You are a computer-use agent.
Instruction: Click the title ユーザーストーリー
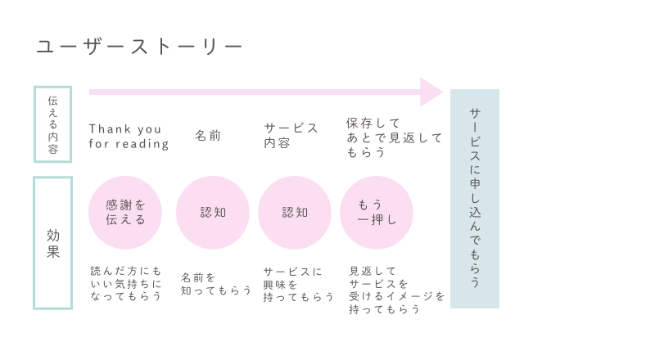coord(139,47)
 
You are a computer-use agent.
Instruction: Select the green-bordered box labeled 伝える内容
coord(52,124)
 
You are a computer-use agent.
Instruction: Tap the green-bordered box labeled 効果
coord(52,243)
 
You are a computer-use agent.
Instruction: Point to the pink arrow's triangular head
coord(431,92)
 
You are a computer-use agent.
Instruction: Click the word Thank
coord(110,129)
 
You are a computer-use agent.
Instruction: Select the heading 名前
coord(208,136)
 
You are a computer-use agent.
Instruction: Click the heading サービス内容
coord(291,135)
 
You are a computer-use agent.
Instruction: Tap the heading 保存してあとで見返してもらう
coord(394,137)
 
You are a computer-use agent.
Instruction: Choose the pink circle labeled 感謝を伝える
coord(125,213)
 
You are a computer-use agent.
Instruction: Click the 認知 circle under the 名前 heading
coord(213,213)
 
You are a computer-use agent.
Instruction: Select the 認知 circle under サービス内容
coord(295,213)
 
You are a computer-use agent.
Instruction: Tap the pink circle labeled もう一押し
coord(377,213)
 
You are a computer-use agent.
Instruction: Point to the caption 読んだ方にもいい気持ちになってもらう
coord(126,283)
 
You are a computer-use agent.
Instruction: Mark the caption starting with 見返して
coord(397,290)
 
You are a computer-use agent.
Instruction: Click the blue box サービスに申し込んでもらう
coord(475,199)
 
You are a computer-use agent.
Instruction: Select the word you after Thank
coord(149,129)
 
